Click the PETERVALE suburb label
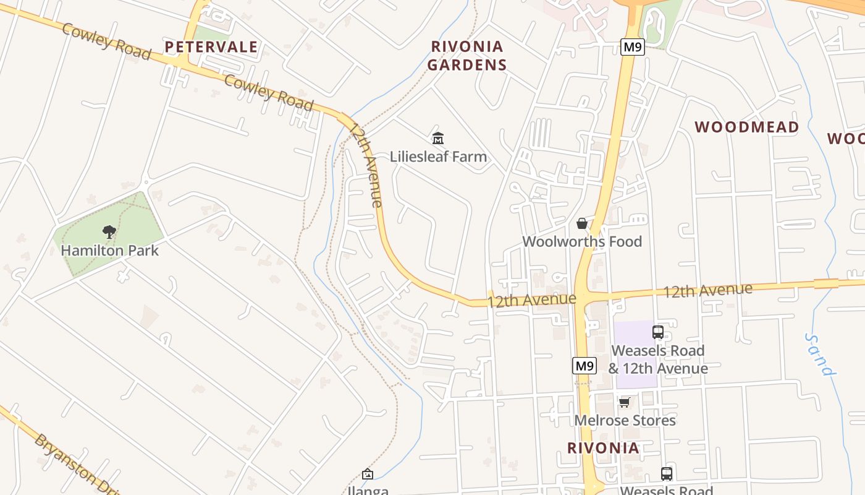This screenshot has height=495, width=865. click(211, 47)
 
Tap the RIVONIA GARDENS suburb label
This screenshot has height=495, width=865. click(467, 55)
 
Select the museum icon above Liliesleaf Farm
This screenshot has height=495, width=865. click(438, 138)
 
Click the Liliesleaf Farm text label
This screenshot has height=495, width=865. click(438, 157)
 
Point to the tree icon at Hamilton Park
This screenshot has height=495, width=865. click(109, 232)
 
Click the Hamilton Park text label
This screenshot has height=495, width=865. click(109, 251)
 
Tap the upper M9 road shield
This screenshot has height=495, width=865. click(633, 47)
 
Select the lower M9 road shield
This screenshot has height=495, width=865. click(584, 366)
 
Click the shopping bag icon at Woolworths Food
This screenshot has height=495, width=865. click(582, 223)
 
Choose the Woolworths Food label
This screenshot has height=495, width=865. click(582, 241)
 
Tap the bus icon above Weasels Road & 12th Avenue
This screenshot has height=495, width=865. click(658, 332)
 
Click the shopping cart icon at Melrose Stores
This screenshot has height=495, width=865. click(625, 403)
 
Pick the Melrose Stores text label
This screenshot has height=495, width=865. click(625, 421)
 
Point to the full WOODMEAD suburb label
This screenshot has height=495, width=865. click(746, 127)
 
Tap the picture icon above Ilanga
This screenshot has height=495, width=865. click(368, 474)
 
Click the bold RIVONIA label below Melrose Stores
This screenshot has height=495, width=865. click(603, 448)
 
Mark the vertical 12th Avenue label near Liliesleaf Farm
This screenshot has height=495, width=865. click(367, 165)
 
